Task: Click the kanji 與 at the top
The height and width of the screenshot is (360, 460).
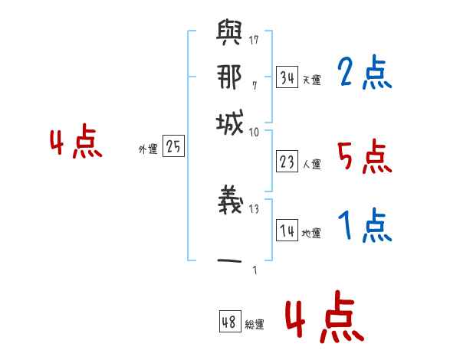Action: (229, 34)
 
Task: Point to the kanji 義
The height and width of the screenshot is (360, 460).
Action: (229, 201)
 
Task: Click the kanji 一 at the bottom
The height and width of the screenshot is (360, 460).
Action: (229, 260)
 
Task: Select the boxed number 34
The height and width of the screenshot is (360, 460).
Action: (287, 77)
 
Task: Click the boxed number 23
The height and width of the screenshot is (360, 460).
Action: (287, 162)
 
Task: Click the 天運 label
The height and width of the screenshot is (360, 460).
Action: (311, 80)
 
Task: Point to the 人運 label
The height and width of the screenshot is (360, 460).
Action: (311, 164)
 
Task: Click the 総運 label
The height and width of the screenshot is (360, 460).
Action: (255, 325)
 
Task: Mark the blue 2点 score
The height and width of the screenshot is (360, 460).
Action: (364, 74)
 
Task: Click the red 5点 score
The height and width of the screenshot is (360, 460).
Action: (364, 158)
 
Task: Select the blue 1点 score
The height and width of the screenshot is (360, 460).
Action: (364, 227)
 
